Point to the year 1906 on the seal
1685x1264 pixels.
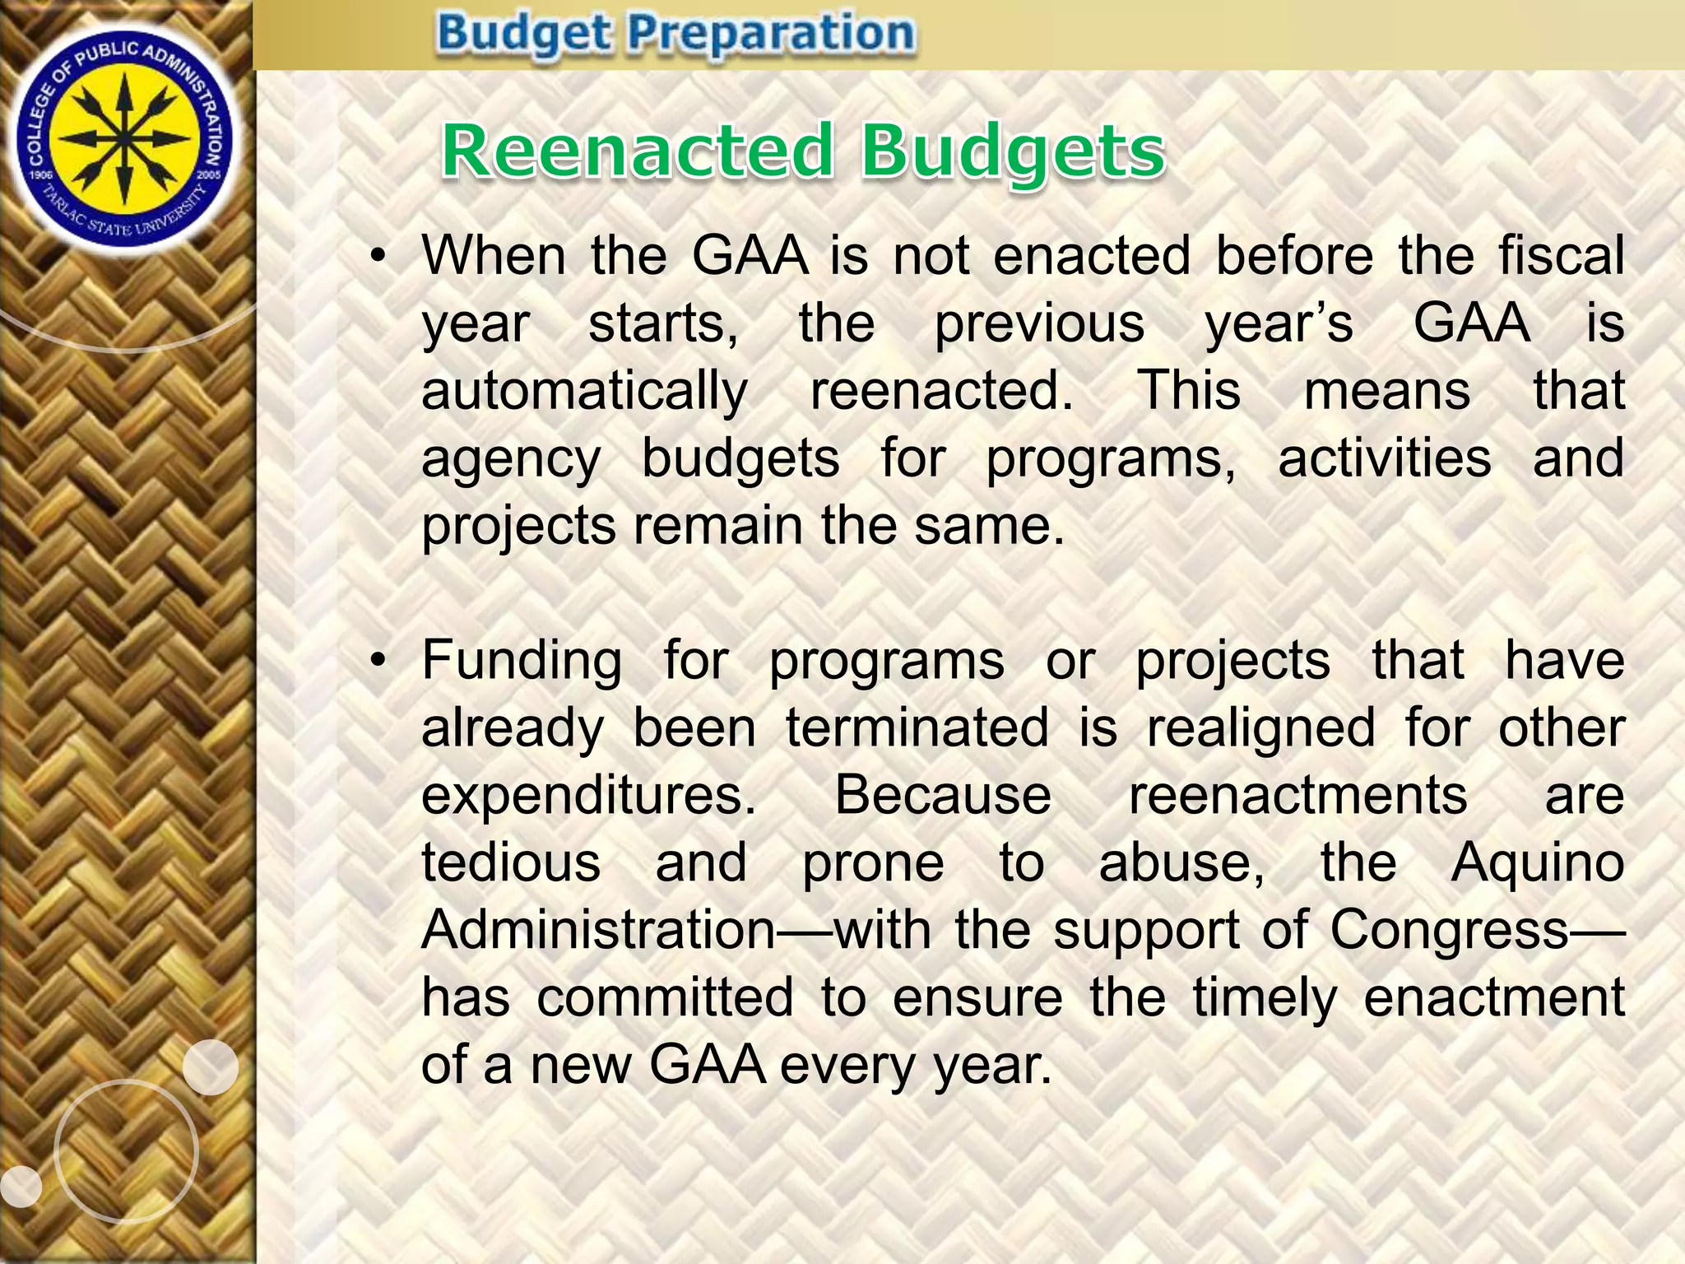pos(39,174)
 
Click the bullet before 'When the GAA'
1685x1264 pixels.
pos(378,257)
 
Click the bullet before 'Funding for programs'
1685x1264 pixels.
pos(378,662)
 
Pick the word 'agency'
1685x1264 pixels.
pos(511,459)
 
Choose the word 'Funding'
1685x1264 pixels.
pos(522,660)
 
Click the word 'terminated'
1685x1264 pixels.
pos(917,727)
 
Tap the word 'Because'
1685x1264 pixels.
pos(943,795)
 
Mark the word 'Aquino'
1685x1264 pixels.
pos(1537,864)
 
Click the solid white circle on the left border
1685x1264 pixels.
pos(210,1066)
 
